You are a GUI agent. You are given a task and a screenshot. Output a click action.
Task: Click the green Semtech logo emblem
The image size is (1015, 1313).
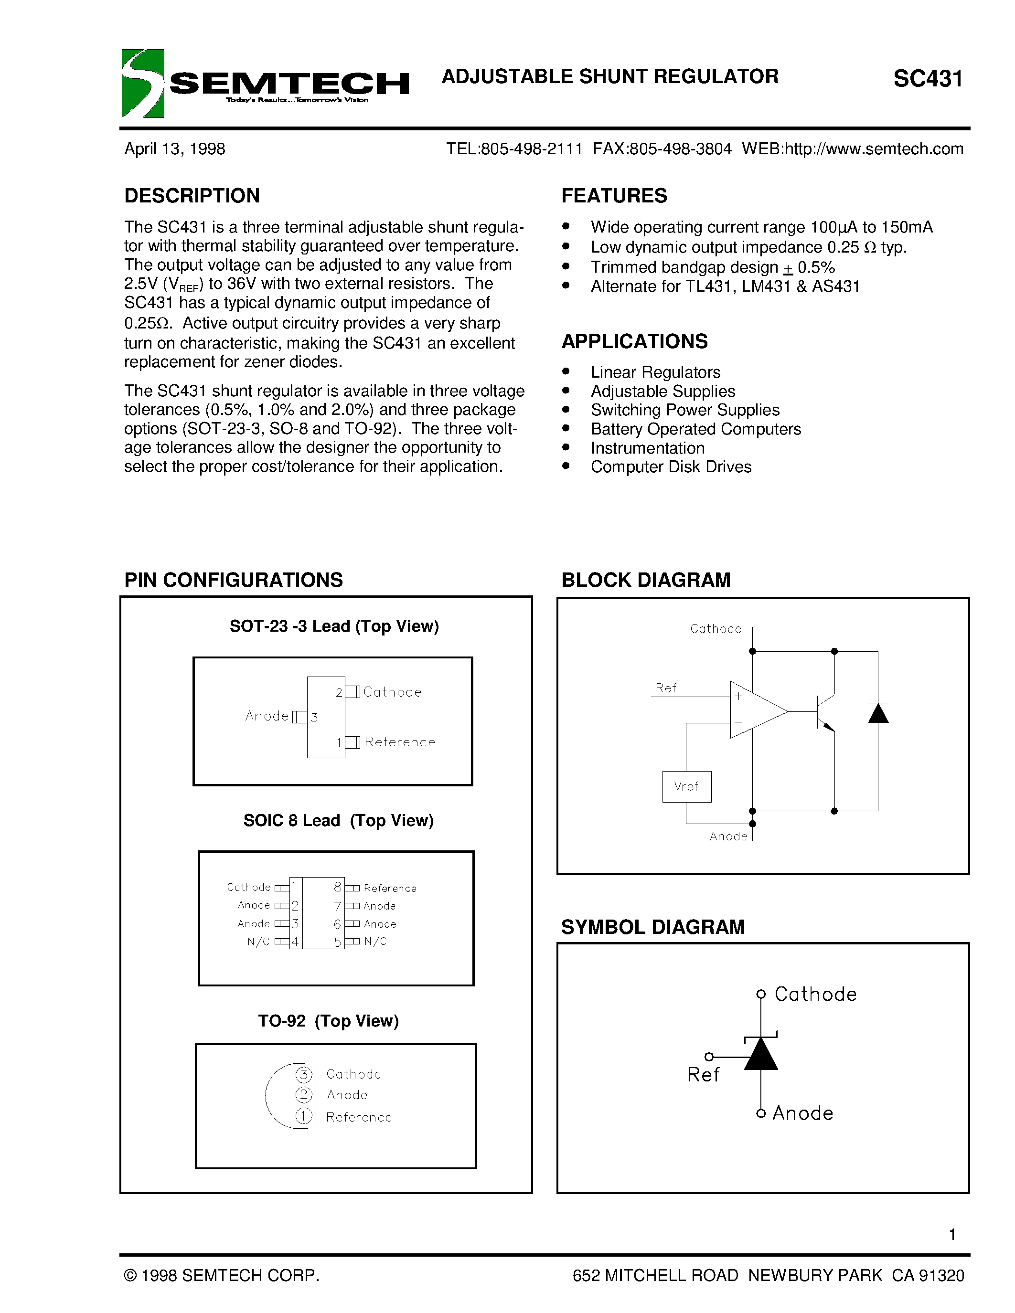142,83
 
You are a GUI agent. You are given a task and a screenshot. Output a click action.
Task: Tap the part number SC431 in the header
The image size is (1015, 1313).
928,79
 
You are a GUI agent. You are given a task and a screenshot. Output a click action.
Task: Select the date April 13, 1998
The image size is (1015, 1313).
174,148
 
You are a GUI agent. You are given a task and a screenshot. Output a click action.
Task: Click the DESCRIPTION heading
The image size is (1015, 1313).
192,195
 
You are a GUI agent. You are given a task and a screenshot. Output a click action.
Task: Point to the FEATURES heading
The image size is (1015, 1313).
614,195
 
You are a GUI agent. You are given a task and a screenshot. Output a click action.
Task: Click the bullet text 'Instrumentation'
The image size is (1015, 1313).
648,448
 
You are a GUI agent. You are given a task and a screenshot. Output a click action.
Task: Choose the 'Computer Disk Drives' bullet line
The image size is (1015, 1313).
671,466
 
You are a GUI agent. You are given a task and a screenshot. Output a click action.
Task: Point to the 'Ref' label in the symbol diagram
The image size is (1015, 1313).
703,1075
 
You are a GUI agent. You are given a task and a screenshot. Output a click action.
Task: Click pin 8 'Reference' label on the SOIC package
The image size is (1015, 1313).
390,888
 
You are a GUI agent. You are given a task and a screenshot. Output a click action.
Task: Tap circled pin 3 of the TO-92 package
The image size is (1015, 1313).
304,1074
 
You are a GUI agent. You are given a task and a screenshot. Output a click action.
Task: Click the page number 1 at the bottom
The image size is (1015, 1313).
952,1234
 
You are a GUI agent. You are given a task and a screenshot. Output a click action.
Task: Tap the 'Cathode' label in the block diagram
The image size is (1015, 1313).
716,629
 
